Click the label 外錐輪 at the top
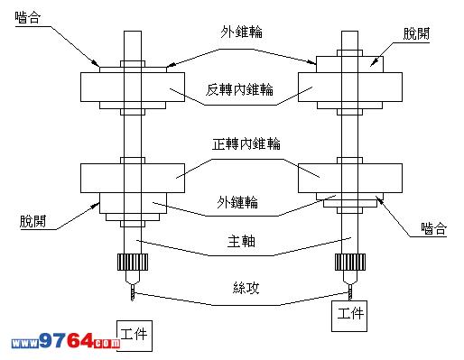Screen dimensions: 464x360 click(x=241, y=32)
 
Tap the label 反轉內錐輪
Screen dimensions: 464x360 click(x=239, y=89)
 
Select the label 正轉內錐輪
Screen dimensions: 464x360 click(x=246, y=143)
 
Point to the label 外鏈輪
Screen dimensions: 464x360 click(x=237, y=202)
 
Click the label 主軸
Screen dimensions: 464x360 click(x=241, y=241)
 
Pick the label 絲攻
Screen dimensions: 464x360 click(x=246, y=288)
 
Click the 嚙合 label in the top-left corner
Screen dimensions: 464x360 click(x=28, y=17)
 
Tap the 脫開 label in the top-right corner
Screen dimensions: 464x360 click(x=416, y=33)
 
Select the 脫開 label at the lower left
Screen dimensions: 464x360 click(x=33, y=221)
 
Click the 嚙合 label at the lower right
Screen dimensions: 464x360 click(x=433, y=228)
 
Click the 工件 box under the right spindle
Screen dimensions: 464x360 click(x=349, y=316)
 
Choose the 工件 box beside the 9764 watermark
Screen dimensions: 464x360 click(x=135, y=336)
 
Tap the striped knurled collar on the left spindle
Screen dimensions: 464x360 click(x=133, y=262)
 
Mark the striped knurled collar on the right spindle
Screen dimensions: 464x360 click(x=350, y=262)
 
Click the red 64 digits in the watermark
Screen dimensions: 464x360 click(x=79, y=341)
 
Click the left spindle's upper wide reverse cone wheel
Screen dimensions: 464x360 click(x=133, y=87)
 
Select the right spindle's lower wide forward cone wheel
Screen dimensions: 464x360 click(x=350, y=178)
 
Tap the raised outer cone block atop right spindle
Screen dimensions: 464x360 click(x=349, y=64)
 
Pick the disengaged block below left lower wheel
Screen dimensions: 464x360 click(x=133, y=203)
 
